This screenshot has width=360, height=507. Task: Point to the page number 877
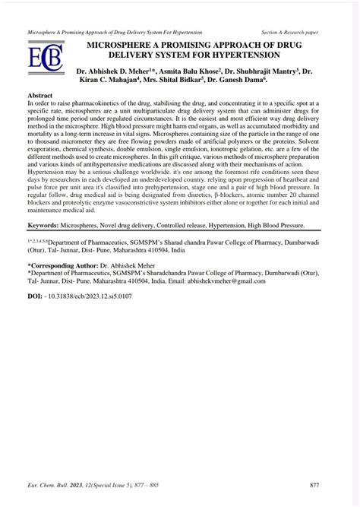pyautogui.click(x=325, y=484)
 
